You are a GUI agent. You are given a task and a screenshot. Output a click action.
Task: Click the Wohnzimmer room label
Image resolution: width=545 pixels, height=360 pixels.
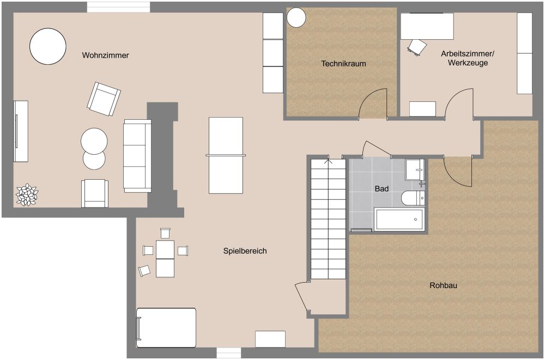[x=105, y=55]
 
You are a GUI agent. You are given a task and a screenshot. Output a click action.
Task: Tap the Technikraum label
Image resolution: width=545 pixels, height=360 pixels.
[x=343, y=64]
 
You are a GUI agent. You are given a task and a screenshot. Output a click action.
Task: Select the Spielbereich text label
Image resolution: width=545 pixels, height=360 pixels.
[x=245, y=251]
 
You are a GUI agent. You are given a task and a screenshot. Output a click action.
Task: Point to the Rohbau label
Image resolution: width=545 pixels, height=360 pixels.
[x=443, y=285]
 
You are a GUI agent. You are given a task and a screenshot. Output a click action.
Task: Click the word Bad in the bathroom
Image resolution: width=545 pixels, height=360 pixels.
[x=381, y=189]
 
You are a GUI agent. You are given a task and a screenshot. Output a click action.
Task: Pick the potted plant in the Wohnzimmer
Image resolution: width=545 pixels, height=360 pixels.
[x=27, y=194]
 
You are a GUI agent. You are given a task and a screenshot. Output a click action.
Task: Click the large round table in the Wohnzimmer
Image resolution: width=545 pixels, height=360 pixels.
[x=47, y=46]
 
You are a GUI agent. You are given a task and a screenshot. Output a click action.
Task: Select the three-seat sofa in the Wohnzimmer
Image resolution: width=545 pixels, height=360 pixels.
[x=137, y=156]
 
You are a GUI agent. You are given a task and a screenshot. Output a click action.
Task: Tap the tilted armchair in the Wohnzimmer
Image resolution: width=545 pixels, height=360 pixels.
[x=104, y=99]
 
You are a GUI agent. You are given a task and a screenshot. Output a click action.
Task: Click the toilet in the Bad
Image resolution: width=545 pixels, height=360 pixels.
[x=413, y=198]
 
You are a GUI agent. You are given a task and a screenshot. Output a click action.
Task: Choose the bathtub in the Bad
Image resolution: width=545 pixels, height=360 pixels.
[x=399, y=219]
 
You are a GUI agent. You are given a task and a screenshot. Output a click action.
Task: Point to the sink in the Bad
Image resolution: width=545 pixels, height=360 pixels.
[x=415, y=169]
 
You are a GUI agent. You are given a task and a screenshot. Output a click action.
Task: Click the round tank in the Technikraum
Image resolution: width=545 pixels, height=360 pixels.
[x=296, y=17]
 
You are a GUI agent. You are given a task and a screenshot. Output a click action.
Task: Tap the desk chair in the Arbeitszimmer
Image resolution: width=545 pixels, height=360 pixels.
[x=417, y=47]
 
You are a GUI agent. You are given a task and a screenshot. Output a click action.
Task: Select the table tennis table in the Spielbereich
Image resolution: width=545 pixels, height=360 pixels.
[x=226, y=155]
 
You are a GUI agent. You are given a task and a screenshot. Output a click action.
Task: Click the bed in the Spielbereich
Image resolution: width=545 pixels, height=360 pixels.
[x=166, y=328]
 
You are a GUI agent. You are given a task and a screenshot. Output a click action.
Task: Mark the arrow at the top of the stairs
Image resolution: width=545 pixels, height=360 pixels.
[x=328, y=161]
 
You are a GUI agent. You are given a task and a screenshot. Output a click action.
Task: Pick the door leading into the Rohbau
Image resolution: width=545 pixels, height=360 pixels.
[x=458, y=171]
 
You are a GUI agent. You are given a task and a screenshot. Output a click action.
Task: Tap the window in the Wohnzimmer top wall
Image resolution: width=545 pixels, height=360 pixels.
[x=118, y=7]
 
